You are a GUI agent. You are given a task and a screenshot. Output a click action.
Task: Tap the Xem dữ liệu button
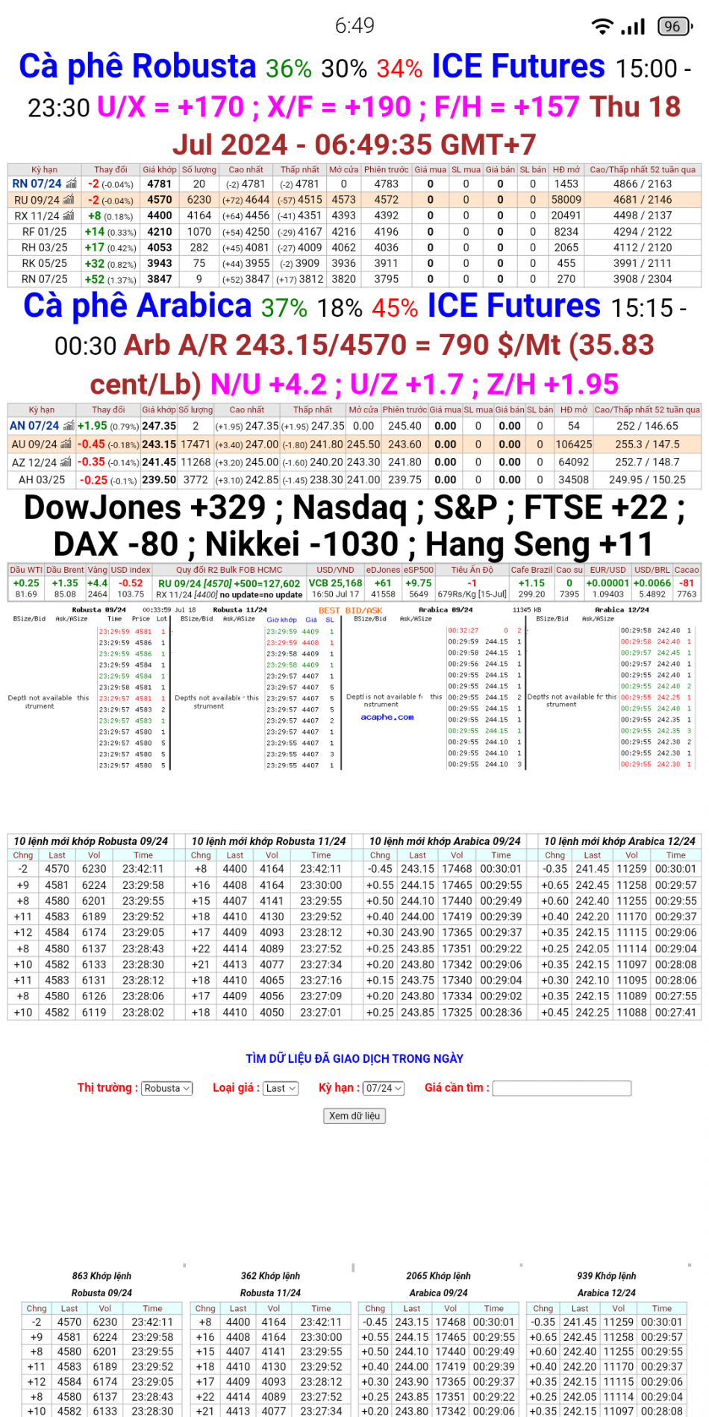[x=354, y=1116]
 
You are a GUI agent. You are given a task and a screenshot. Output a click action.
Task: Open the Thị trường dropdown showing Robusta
[x=167, y=1088]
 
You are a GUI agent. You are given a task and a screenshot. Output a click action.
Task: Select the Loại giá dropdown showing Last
[x=281, y=1088]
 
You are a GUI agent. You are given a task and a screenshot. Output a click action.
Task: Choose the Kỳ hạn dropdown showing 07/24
[x=384, y=1088]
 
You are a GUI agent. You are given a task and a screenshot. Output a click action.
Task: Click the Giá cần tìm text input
[x=562, y=1088]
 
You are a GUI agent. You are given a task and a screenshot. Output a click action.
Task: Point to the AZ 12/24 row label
[x=35, y=462]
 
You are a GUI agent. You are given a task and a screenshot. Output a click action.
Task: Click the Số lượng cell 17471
[x=196, y=444]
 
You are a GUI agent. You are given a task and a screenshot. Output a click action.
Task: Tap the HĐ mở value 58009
[x=566, y=200]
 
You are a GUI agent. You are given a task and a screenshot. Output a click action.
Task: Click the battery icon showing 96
[x=673, y=27]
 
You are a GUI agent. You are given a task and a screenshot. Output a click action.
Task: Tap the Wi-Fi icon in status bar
[x=602, y=27]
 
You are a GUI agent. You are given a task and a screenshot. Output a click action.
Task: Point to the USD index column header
[x=131, y=570]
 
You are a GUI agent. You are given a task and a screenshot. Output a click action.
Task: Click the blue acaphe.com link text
[x=387, y=717]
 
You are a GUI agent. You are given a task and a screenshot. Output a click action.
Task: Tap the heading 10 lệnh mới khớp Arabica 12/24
[x=619, y=841]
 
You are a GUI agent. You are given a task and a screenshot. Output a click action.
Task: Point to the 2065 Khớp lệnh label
[x=438, y=1276]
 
